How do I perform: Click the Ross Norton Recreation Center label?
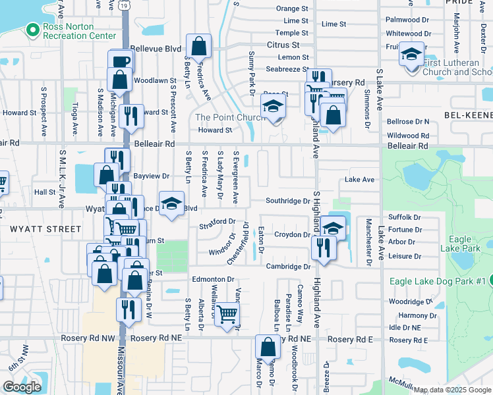(x=80, y=31)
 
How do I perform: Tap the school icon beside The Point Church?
(x=273, y=106)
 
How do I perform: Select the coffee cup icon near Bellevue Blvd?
(x=121, y=62)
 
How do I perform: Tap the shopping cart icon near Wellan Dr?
(x=227, y=315)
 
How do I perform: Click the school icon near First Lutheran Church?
(x=411, y=53)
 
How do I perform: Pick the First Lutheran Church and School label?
(x=457, y=67)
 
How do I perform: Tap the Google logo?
(x=22, y=387)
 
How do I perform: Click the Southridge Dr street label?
(x=287, y=201)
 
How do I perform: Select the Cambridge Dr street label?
(x=288, y=266)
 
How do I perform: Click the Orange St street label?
(x=292, y=9)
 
